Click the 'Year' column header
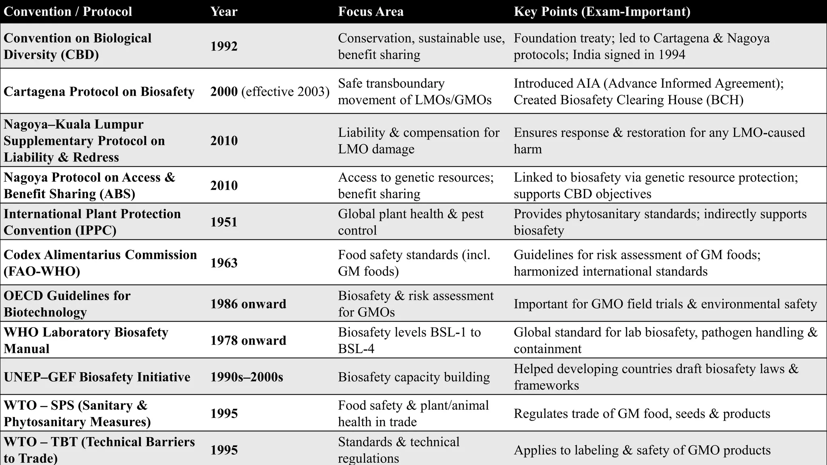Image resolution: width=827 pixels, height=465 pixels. tap(224, 11)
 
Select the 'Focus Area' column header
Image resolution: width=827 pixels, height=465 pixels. tap(371, 11)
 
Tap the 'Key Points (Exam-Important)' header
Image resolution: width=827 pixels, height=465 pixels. tap(602, 11)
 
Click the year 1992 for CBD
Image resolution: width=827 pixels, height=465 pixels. tap(224, 46)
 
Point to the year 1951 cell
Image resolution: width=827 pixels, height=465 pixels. tap(224, 222)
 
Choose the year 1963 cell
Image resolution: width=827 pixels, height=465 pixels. tap(224, 263)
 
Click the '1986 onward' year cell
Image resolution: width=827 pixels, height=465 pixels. tap(248, 304)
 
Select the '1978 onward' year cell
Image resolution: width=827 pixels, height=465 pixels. tap(248, 340)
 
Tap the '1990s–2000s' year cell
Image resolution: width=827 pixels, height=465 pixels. tap(246, 377)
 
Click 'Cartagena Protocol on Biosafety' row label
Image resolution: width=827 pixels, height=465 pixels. tap(99, 92)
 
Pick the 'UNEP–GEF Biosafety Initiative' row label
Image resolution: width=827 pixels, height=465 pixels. tap(97, 377)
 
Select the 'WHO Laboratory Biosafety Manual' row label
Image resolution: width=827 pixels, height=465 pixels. tap(86, 340)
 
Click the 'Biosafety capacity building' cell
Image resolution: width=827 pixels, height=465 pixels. tap(413, 377)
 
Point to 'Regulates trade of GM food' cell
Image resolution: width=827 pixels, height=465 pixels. tap(642, 413)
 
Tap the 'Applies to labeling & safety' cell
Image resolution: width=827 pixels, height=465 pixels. tap(642, 450)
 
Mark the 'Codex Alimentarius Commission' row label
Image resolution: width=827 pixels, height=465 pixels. tap(100, 263)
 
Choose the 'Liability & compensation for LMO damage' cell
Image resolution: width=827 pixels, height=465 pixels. tap(418, 140)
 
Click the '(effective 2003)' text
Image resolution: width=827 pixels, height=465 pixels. tap(285, 92)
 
